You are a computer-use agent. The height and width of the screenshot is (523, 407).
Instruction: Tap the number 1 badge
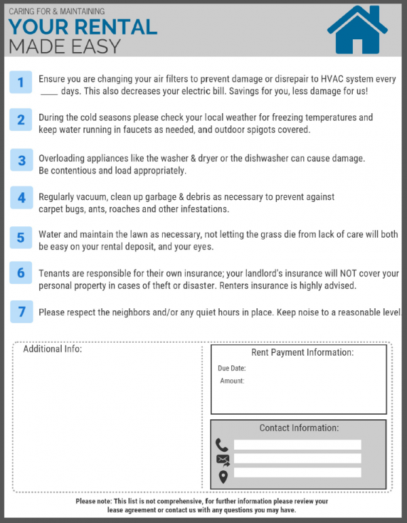click(21, 83)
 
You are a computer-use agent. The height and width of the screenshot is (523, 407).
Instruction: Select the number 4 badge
click(21, 198)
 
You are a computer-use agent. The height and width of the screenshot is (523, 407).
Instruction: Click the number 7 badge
click(21, 312)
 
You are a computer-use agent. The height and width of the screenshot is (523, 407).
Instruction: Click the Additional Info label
click(52, 350)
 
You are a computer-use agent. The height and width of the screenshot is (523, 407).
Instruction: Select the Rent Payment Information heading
click(302, 353)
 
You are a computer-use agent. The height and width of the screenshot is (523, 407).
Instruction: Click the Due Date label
click(231, 369)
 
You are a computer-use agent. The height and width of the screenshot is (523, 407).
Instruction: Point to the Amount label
click(232, 381)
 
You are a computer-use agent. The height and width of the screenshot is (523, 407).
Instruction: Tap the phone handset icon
click(222, 445)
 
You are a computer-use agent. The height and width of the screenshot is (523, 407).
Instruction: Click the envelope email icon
click(222, 460)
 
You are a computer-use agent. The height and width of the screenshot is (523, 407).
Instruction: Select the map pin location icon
click(222, 476)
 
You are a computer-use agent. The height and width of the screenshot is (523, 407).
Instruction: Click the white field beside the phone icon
click(297, 445)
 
